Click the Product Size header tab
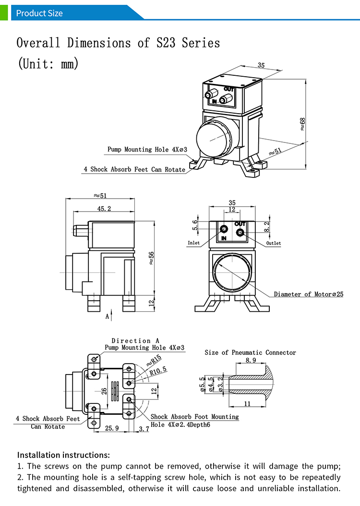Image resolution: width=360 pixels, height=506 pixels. (39, 13)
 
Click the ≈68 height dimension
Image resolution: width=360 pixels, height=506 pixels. (302, 124)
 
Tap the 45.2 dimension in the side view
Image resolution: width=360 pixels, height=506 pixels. (104, 209)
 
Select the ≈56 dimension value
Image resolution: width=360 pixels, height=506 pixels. (152, 258)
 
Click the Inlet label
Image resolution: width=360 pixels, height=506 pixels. (193, 243)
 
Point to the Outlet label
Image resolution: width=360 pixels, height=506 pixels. (274, 243)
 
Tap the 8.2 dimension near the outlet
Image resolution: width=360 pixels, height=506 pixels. (267, 226)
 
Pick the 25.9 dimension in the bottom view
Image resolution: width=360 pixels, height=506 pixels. (111, 428)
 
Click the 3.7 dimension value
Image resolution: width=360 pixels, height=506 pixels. (144, 429)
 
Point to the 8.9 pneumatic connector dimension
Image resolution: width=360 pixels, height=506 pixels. (251, 360)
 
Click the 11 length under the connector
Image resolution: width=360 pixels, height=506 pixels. (247, 404)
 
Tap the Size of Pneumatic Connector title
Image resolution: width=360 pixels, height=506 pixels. (250, 353)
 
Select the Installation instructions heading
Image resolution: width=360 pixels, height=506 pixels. (63, 455)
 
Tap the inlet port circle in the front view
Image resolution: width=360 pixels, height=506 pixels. (224, 230)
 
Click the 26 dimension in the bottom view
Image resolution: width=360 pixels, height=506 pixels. (104, 391)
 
